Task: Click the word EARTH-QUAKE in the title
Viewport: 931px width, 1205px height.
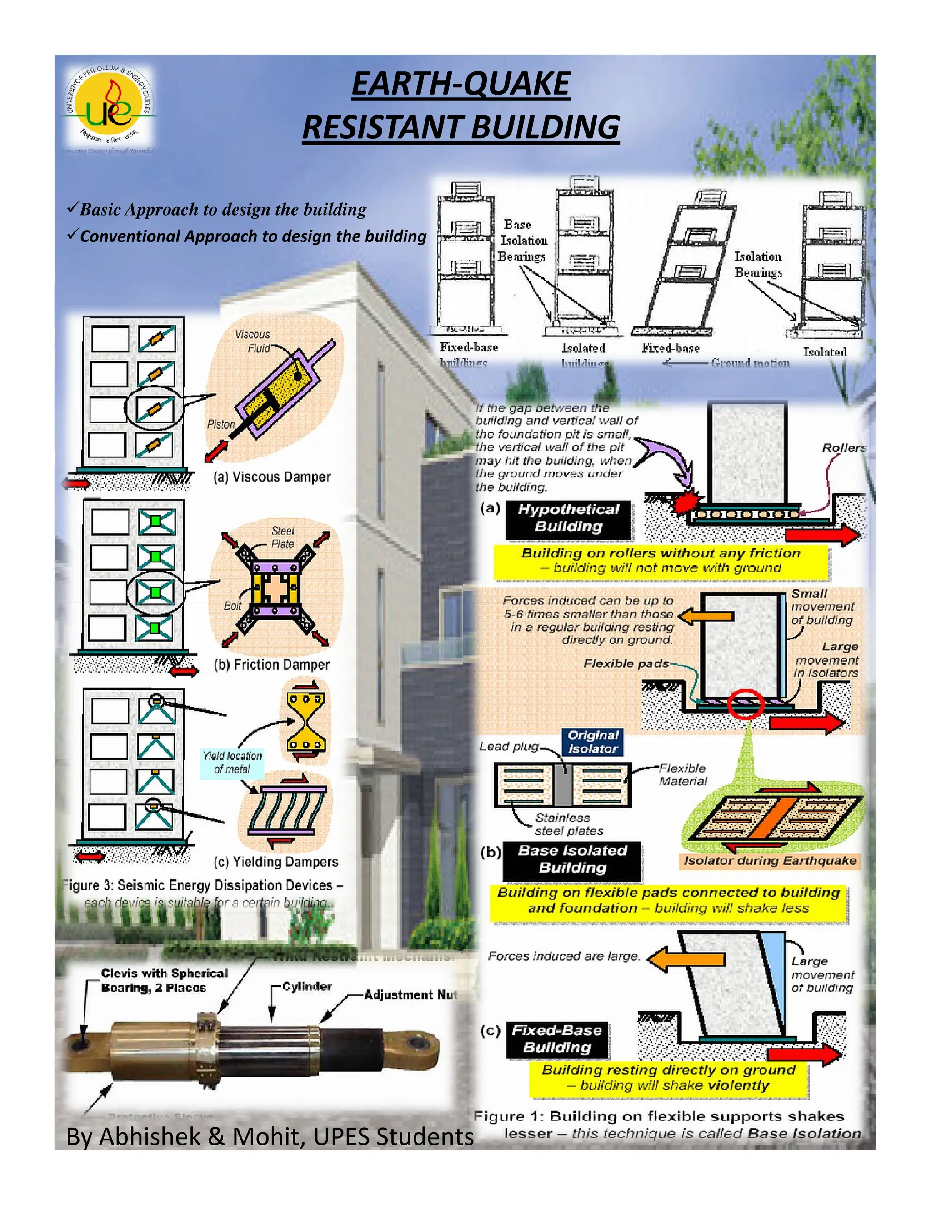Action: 460,85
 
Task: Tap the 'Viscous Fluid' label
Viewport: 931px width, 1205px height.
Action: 253,341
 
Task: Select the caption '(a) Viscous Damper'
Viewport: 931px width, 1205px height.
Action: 272,477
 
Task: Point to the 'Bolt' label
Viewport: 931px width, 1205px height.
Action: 232,605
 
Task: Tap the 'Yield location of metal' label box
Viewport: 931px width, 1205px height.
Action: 232,763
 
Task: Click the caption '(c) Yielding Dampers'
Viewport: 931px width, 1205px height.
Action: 276,861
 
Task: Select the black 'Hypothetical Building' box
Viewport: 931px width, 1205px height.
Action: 568,517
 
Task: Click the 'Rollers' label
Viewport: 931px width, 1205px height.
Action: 843,447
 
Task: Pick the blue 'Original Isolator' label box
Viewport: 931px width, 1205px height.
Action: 593,742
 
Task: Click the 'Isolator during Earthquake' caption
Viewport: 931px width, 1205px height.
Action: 770,860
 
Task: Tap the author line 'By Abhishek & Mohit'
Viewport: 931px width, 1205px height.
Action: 269,1137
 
